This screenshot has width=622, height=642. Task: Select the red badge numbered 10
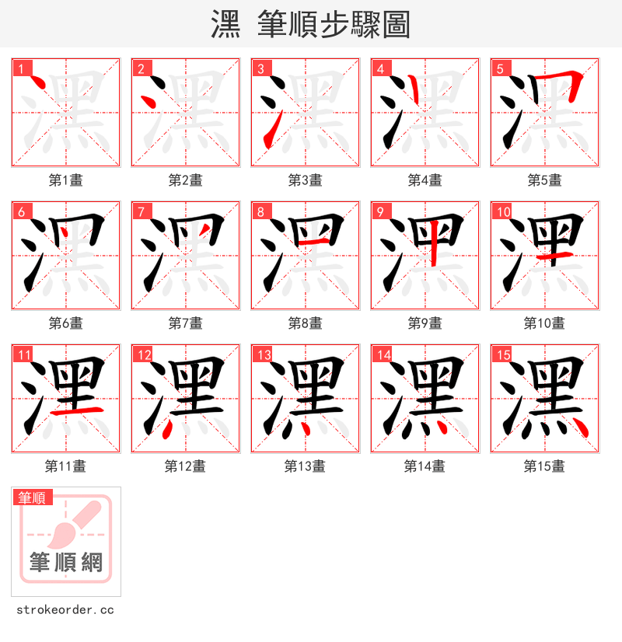(x=504, y=211)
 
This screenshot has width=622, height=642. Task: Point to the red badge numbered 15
(x=504, y=355)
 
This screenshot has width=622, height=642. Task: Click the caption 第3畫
(x=305, y=180)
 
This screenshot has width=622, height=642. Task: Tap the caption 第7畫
(x=185, y=323)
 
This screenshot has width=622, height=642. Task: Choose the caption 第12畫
(x=185, y=466)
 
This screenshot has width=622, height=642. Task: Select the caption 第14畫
(x=425, y=466)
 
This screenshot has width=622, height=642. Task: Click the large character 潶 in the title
(x=225, y=24)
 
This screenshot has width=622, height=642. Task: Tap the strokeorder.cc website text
(x=65, y=609)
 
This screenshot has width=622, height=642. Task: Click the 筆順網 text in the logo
(x=66, y=562)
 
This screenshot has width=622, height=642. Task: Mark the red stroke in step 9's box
(x=432, y=243)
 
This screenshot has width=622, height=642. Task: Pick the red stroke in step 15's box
(x=578, y=427)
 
